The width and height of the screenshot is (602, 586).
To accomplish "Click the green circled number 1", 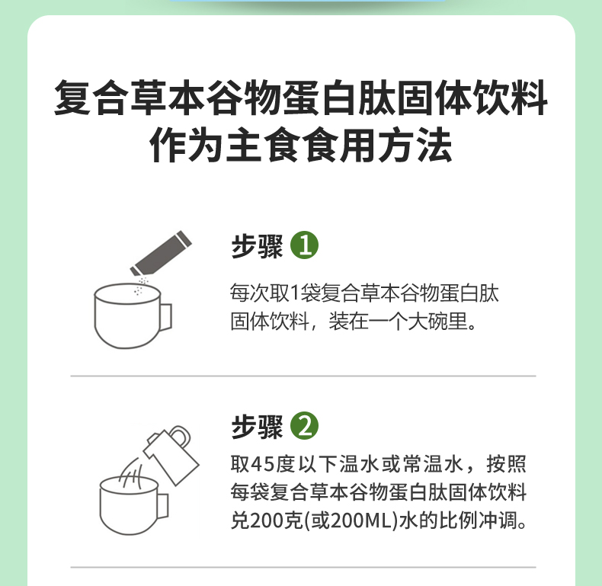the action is (x=305, y=245).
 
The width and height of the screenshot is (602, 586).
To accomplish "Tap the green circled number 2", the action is (x=305, y=425).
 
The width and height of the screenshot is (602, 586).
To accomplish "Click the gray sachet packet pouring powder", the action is (x=162, y=254).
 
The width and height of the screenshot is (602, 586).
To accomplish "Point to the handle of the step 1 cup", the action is (x=166, y=317).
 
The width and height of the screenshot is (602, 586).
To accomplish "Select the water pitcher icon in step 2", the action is (x=171, y=454).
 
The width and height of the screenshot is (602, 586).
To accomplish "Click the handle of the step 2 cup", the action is (x=163, y=506).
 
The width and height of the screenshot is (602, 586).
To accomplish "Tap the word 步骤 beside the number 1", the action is (x=257, y=246).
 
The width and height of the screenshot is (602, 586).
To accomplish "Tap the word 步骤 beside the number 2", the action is (x=257, y=426).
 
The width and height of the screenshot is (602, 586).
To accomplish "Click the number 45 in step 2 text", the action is (x=263, y=464).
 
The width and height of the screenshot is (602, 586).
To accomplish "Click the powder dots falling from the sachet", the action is (x=140, y=286).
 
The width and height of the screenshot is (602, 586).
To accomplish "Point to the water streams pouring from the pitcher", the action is (x=131, y=473).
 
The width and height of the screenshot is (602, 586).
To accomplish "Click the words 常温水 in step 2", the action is (x=433, y=464).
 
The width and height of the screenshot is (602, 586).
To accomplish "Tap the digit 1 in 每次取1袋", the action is (x=294, y=293).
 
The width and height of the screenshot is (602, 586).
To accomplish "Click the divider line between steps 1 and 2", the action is (x=303, y=376).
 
